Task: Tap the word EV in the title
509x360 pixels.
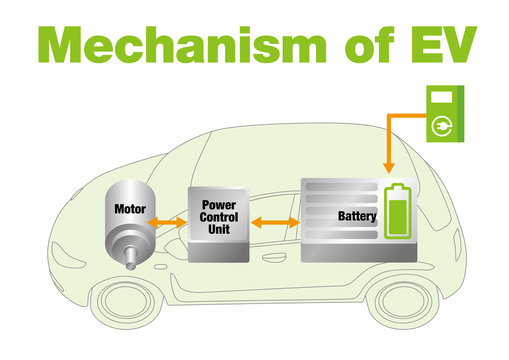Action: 434,44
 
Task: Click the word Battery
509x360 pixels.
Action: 357,215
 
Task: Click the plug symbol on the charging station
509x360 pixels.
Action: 440,128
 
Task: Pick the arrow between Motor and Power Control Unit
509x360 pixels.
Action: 167,221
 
